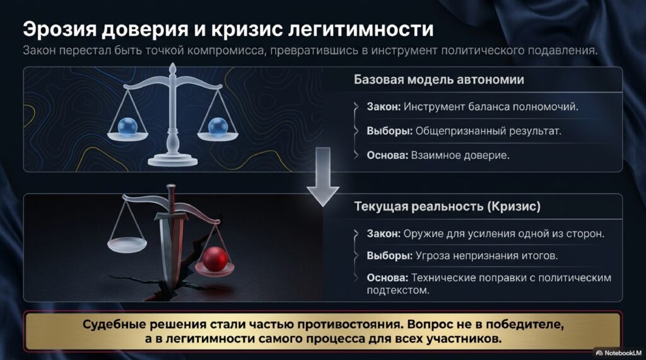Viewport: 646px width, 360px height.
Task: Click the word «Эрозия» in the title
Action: pos(59,30)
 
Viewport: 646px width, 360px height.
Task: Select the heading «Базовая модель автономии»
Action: pos(439,79)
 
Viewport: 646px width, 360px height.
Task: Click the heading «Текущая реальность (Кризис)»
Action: pos(447,206)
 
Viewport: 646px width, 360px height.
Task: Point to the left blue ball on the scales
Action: pos(127,127)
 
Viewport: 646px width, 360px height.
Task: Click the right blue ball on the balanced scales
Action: pos(217,127)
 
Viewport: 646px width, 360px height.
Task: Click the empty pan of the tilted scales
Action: pos(127,245)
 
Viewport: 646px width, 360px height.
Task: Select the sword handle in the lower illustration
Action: pos(171,200)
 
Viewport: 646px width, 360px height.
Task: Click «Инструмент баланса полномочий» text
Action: pos(491,107)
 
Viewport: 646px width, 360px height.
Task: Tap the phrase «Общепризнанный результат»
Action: pos(488,131)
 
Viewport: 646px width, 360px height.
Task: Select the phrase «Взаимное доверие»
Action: pos(460,155)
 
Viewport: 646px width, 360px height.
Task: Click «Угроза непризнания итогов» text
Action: pos(486,256)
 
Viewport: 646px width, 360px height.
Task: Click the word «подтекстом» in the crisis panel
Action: pos(398,290)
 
